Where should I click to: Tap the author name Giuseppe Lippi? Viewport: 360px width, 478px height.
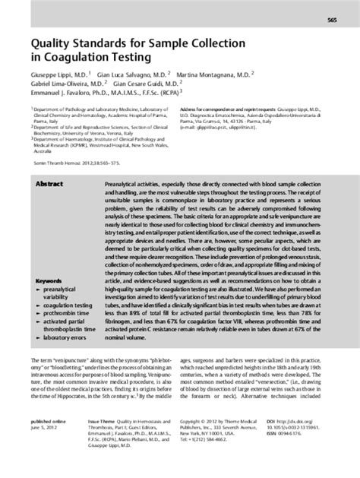tap(55, 74)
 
